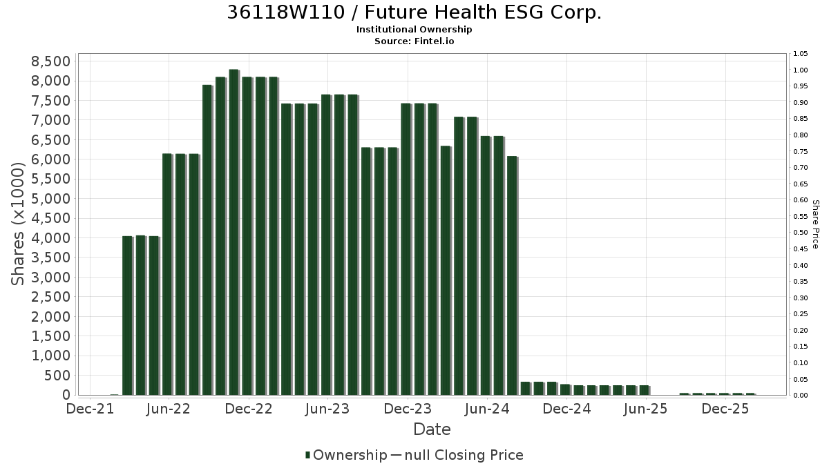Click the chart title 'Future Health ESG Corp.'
[483, 12]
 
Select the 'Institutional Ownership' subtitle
[414, 30]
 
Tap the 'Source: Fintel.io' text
[414, 41]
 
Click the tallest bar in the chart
[234, 232]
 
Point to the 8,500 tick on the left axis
[50, 61]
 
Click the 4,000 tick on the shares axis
[50, 237]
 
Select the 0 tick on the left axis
[66, 395]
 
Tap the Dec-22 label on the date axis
[249, 409]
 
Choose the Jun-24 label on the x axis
[487, 409]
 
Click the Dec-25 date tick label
[725, 409]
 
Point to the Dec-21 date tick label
[90, 409]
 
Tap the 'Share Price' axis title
[816, 224]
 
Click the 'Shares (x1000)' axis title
[17, 224]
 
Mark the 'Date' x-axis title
[432, 429]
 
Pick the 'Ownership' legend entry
[346, 455]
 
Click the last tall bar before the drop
[512, 275]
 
